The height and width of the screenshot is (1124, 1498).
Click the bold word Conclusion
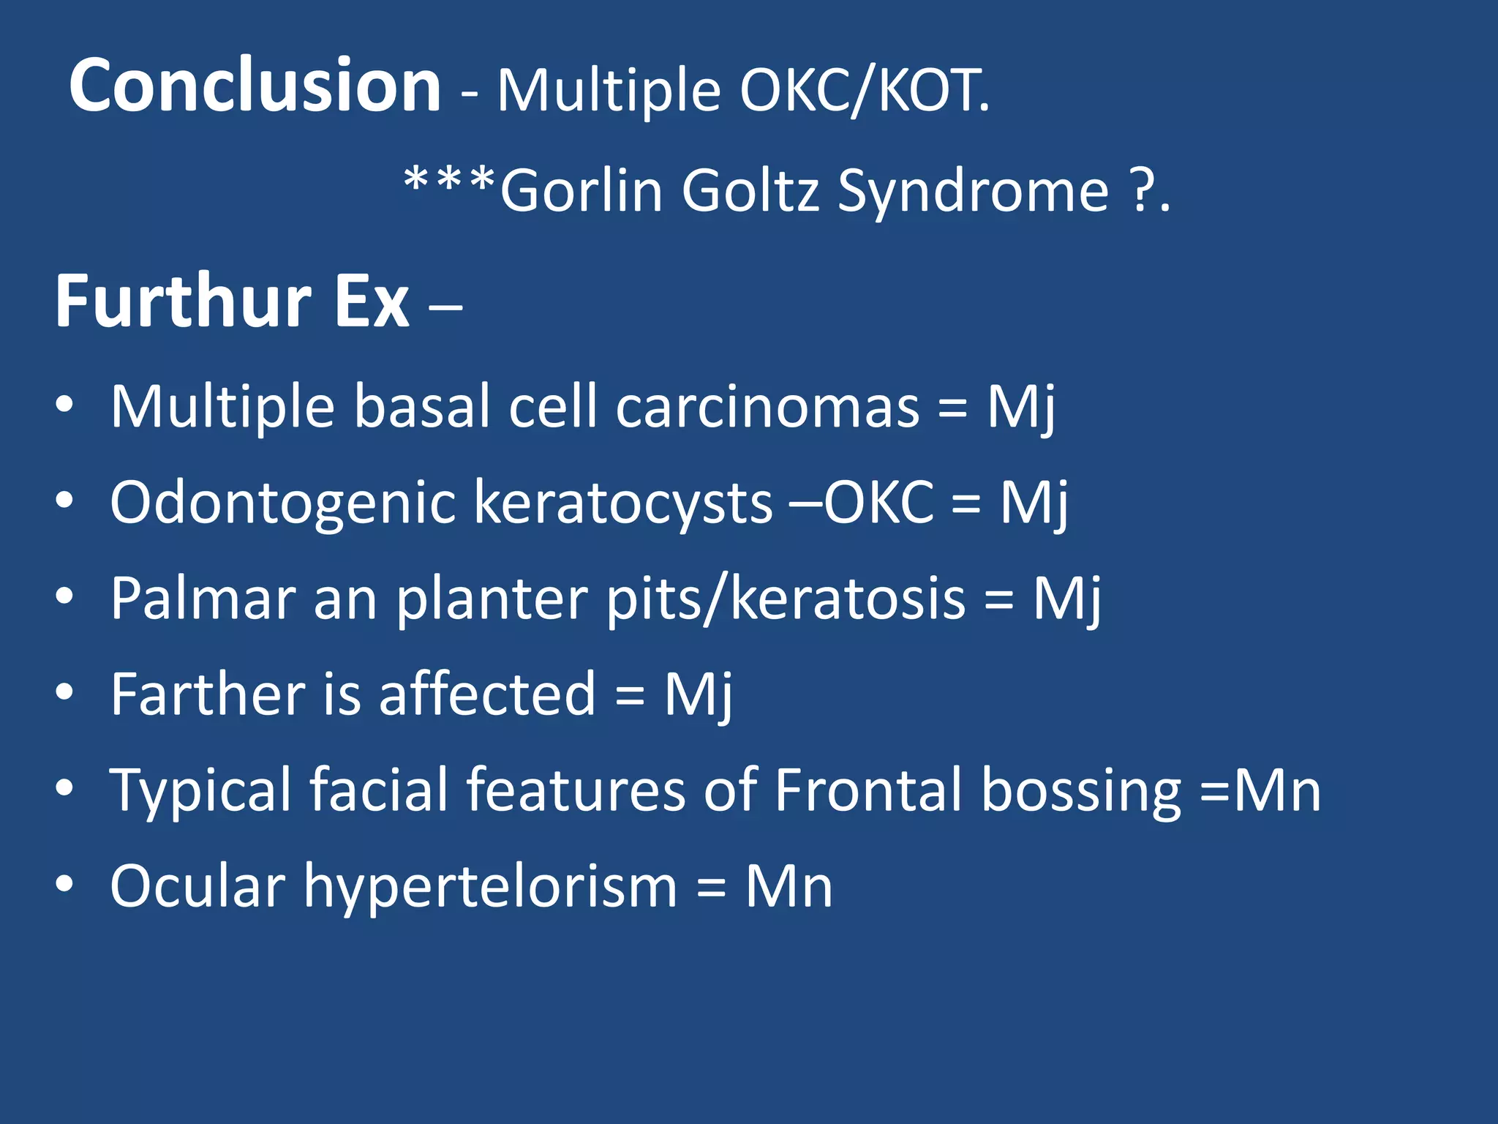[255, 86]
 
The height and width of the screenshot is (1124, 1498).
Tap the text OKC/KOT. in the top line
[865, 91]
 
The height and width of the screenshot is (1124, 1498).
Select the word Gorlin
[581, 191]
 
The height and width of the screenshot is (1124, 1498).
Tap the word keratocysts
[623, 503]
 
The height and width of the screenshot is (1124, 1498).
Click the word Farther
[208, 694]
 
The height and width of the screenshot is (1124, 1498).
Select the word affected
[487, 694]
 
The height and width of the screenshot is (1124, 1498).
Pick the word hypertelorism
[490, 887]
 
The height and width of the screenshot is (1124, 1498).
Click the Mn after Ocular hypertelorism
[788, 887]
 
